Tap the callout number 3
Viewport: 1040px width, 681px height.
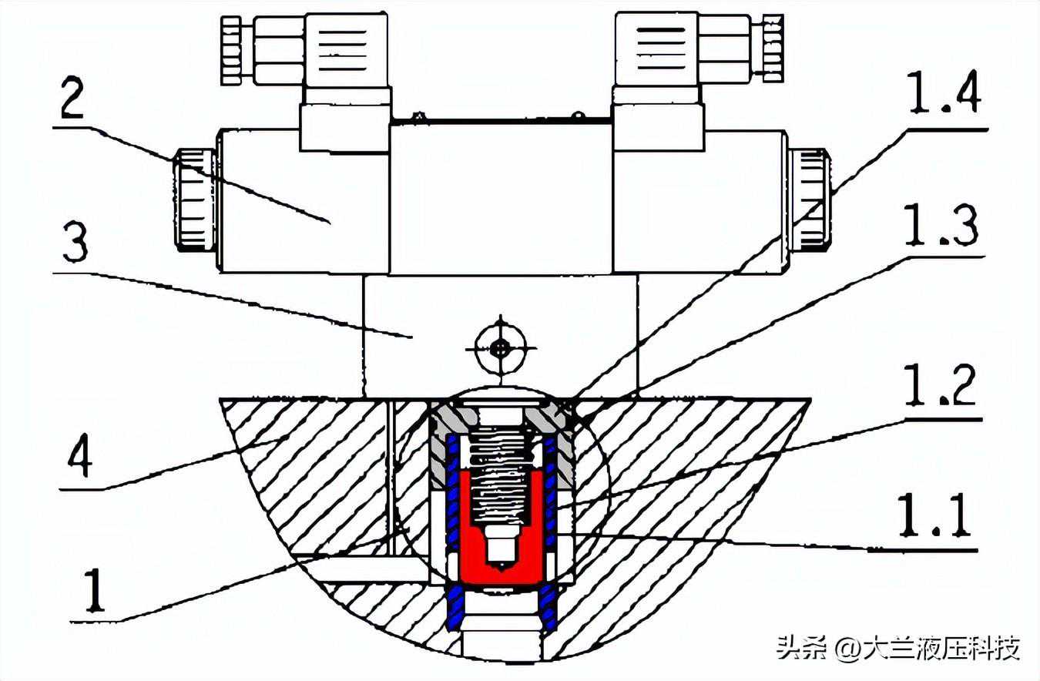click(75, 243)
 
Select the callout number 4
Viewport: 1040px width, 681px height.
click(80, 456)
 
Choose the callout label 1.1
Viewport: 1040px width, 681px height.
click(934, 516)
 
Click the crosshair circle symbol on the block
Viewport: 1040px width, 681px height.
click(500, 347)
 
